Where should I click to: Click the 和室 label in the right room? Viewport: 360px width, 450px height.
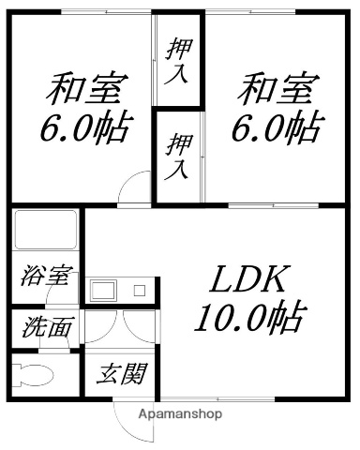click(x=273, y=91)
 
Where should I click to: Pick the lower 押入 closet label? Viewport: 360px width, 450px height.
click(x=178, y=157)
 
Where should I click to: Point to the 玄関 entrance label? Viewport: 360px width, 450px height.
click(x=123, y=376)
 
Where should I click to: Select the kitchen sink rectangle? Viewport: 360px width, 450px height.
click(x=104, y=289)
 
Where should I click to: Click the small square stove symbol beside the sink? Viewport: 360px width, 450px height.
click(x=139, y=290)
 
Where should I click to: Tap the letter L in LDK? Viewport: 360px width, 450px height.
click(x=220, y=279)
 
